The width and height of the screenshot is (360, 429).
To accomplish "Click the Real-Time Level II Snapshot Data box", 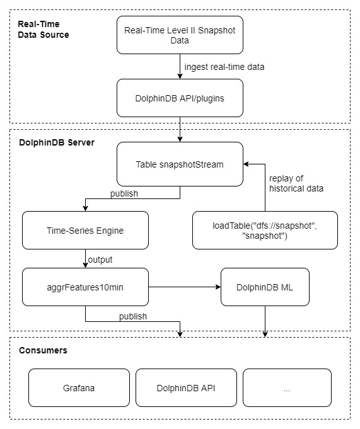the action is (x=180, y=35).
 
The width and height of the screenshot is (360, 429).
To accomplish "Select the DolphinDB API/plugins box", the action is (x=180, y=98).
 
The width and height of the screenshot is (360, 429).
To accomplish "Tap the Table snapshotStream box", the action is (x=180, y=164).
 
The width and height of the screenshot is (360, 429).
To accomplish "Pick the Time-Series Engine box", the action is (x=85, y=230).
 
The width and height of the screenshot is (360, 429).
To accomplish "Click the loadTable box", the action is (x=265, y=230).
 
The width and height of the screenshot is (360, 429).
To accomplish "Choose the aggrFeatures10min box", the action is (x=85, y=287).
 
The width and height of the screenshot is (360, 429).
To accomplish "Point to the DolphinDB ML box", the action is (x=265, y=287).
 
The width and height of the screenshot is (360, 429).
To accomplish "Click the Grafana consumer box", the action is (x=79, y=387).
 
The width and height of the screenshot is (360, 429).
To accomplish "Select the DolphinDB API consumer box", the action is (x=186, y=387).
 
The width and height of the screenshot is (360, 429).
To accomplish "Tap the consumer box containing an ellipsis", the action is (x=287, y=387).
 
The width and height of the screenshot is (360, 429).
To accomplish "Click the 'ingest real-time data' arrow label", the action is (x=224, y=67).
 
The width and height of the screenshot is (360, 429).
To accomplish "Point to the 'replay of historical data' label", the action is (x=296, y=183).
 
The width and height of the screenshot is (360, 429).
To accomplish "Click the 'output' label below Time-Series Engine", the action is (x=100, y=260).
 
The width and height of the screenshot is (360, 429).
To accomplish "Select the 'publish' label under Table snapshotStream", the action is (x=124, y=193).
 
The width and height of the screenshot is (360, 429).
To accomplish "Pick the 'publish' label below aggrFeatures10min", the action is (x=133, y=316).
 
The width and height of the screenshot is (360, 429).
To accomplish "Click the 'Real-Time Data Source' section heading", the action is (x=44, y=29).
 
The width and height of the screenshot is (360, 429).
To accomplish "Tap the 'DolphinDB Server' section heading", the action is (x=57, y=142).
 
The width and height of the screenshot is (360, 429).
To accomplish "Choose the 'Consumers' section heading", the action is (x=43, y=350).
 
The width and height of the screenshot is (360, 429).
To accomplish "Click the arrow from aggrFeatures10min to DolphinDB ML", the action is (x=185, y=287).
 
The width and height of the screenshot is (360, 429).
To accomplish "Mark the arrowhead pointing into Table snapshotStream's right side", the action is (x=246, y=164).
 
